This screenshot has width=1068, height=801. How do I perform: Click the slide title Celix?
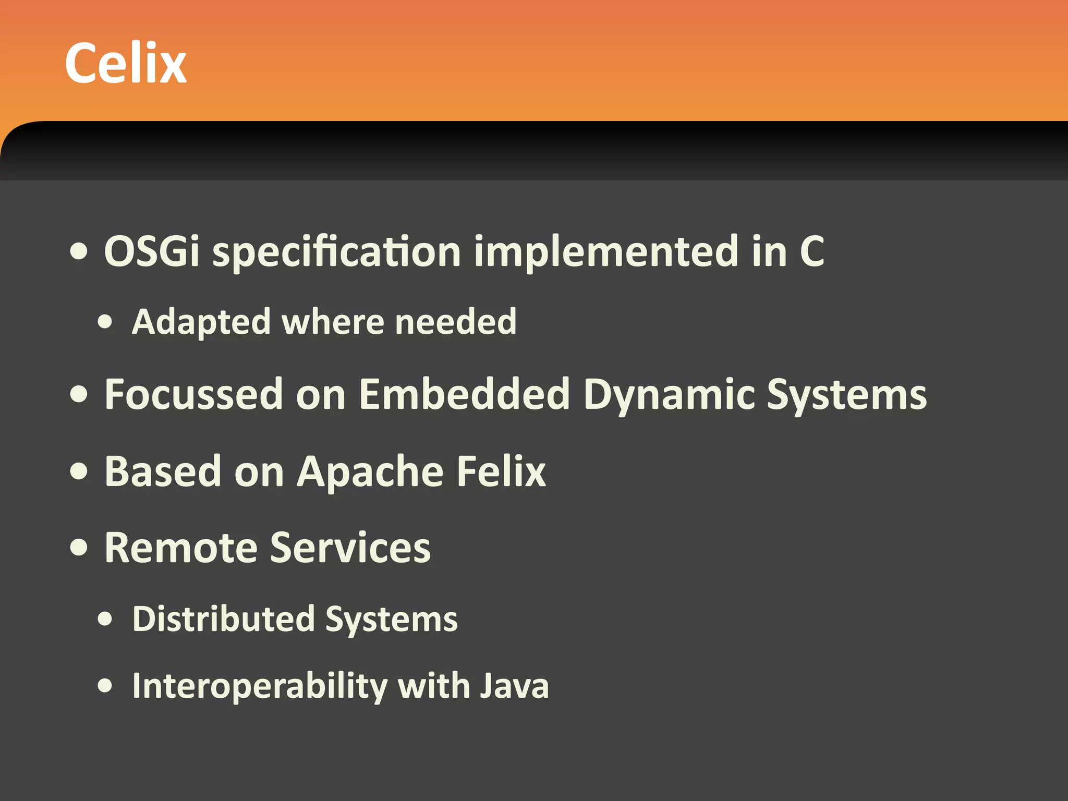(126, 63)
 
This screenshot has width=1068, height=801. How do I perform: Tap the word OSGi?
(152, 251)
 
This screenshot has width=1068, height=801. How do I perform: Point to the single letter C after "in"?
(811, 251)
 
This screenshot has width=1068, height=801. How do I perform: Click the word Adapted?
(201, 322)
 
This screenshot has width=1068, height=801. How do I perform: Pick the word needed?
(456, 321)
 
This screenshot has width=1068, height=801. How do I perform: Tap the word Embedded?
(464, 394)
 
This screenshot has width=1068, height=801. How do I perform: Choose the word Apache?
(370, 472)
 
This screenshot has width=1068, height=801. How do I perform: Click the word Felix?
(501, 471)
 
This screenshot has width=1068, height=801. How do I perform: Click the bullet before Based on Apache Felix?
(79, 471)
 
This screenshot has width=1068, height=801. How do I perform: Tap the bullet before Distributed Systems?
(105, 619)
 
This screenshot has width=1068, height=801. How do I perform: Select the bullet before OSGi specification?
(79, 252)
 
